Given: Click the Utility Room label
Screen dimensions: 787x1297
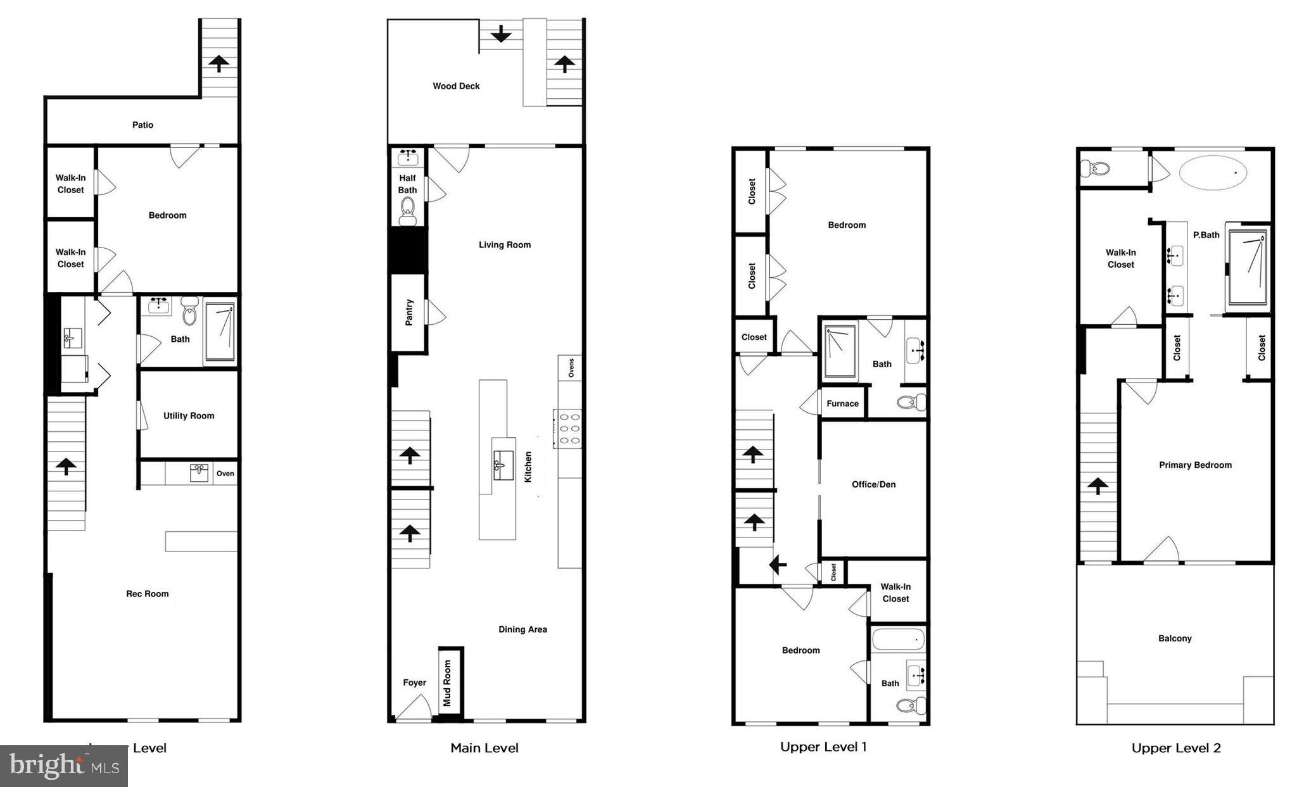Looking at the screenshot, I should [189, 416].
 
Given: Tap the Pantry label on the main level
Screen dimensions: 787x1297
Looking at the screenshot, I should [409, 312].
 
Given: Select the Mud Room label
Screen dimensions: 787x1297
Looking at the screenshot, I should [447, 683].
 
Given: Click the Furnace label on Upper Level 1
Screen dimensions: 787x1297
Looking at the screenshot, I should [842, 403].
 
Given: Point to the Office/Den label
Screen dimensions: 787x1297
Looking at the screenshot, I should [873, 484].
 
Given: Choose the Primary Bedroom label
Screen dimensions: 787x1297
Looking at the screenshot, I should [1195, 465].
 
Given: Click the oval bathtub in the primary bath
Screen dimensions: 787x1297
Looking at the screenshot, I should [1213, 172].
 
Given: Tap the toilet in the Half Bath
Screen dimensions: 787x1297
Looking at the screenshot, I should [408, 210].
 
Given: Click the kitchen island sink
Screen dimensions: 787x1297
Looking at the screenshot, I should [503, 460].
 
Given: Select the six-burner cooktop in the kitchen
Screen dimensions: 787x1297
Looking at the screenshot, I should [568, 429].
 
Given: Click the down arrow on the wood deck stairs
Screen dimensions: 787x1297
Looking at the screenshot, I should [501, 34].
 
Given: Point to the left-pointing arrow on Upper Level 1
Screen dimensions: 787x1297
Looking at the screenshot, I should [778, 563].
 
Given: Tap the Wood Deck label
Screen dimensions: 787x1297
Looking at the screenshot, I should [456, 86].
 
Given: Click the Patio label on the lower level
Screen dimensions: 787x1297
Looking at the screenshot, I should [142, 125].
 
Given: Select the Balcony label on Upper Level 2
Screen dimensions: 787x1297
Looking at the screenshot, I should [1175, 638].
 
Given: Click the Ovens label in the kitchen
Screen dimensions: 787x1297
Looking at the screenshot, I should [571, 367].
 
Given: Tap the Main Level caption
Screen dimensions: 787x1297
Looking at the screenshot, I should [484, 748].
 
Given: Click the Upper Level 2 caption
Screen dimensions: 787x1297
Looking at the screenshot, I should [1176, 748].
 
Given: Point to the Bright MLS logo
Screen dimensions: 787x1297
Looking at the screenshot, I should [64, 766].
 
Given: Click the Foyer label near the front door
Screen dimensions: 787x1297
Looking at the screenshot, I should [415, 683].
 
